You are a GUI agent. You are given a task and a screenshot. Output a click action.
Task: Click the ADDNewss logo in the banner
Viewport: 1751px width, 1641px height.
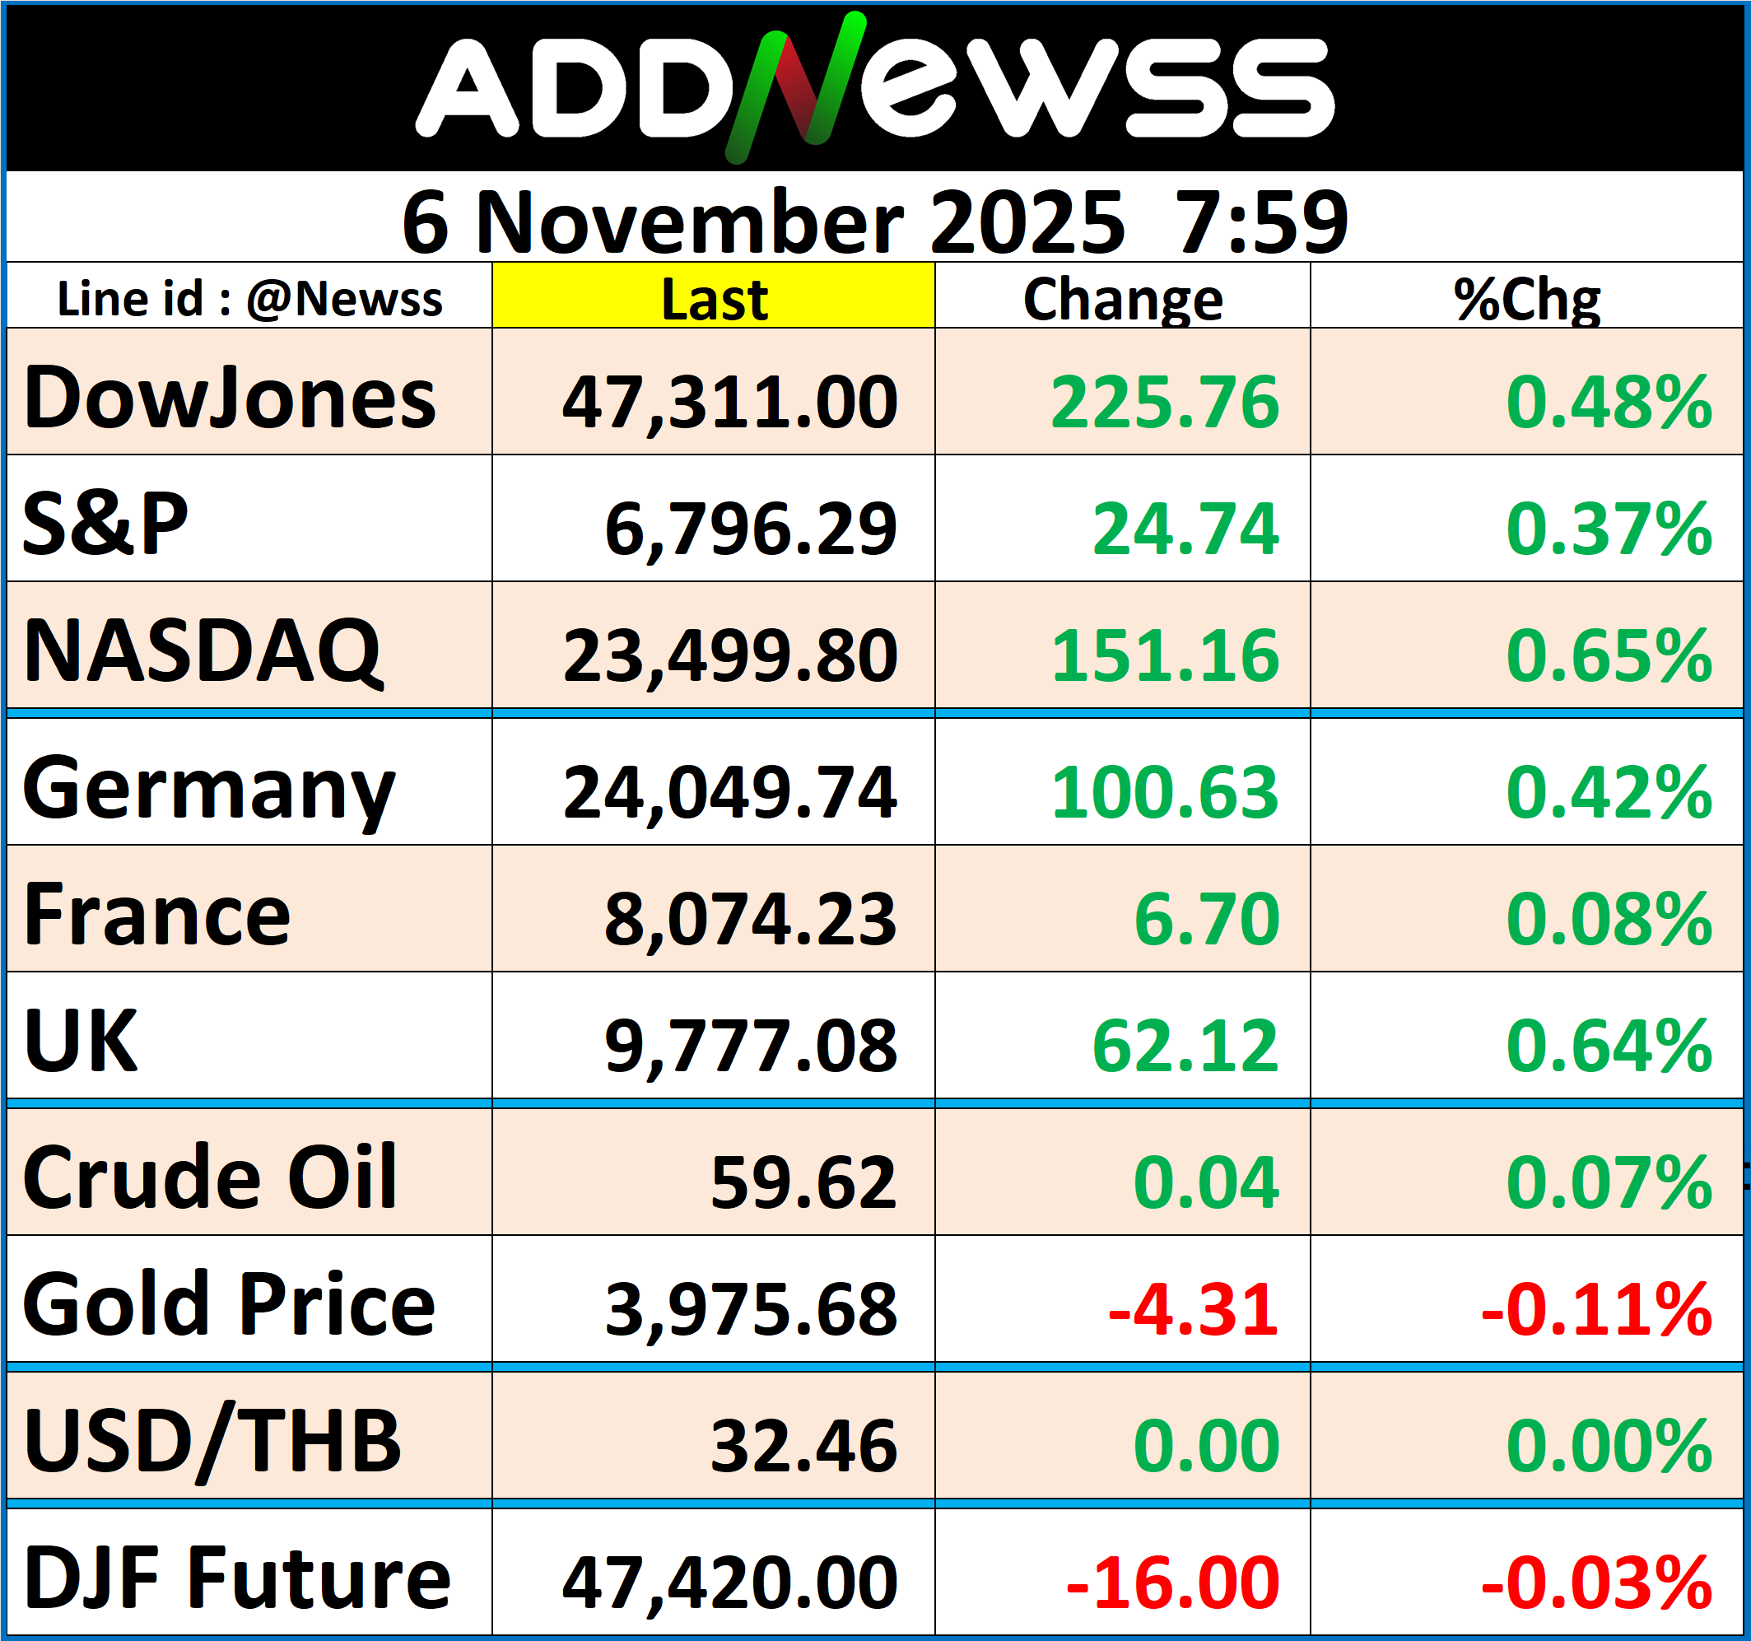click(x=874, y=88)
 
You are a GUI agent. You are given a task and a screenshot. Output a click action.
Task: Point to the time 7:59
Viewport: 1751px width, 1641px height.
click(x=1260, y=222)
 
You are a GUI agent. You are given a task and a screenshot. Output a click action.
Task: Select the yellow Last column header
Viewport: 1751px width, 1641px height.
click(x=714, y=298)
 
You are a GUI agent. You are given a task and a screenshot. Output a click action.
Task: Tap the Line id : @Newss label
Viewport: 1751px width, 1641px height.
click(x=249, y=299)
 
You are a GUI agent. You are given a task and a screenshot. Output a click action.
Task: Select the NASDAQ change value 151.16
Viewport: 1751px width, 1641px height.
click(x=1164, y=655)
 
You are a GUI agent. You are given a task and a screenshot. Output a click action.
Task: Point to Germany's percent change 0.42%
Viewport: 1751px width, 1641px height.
click(x=1609, y=791)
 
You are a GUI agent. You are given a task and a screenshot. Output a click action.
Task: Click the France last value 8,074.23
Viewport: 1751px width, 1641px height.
click(x=751, y=919)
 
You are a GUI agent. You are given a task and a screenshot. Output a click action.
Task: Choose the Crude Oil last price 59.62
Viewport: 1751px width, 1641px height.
click(x=803, y=1182)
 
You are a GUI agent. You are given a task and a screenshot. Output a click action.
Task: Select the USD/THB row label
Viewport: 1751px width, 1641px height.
click(x=212, y=1441)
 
